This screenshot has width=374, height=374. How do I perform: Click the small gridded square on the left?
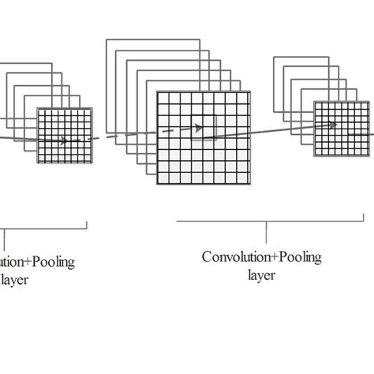65,136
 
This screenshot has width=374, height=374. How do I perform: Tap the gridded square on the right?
340,130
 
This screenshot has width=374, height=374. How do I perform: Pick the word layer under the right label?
261,275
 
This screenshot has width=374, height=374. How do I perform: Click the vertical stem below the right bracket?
267,230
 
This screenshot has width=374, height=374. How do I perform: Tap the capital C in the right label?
207,257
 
